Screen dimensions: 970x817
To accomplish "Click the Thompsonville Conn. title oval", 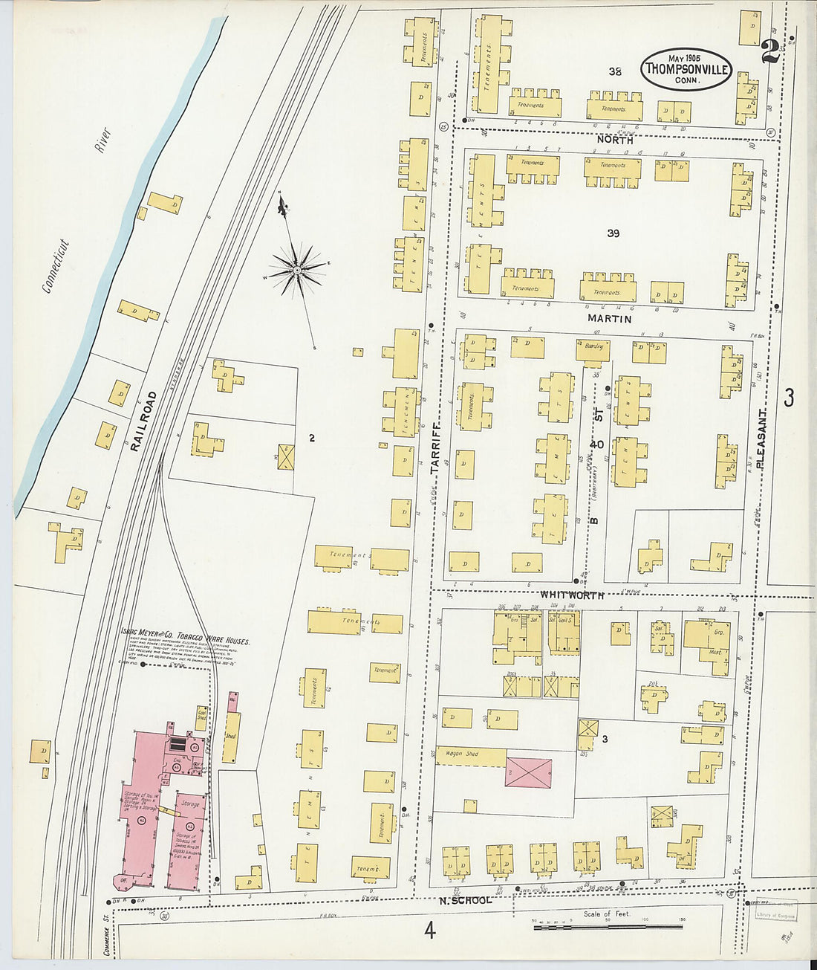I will pos(686,69).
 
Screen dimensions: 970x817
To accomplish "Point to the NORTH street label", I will pos(615,140).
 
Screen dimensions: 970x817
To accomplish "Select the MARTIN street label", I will pos(610,319).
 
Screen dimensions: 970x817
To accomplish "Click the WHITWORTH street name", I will pos(571,595).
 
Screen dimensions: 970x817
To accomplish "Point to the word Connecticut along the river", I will pos(56,266).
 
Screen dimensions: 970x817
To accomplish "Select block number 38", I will pos(614,71).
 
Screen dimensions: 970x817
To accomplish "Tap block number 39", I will pos(613,233).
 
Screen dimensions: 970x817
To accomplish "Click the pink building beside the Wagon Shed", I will pos(529,773).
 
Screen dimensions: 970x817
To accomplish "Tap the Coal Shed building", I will pos(201,717).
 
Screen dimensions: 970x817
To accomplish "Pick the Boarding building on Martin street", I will pos(593,349).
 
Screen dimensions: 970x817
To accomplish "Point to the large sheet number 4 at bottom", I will pos(429,930).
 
